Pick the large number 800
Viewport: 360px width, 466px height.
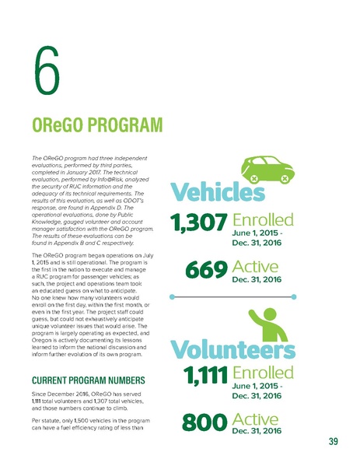tap(204, 424)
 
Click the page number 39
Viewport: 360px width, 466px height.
tap(332, 443)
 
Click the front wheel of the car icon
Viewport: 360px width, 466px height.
tap(285, 180)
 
